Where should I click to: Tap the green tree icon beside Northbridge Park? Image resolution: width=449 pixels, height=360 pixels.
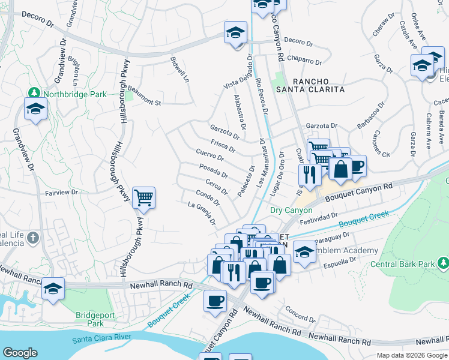(34, 94)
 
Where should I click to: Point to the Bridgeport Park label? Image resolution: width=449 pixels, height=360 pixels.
(94, 319)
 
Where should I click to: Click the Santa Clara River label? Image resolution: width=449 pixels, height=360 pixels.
(101, 339)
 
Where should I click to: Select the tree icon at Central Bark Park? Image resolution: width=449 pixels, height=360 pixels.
(443, 263)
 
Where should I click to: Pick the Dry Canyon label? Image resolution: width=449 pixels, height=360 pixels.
(291, 210)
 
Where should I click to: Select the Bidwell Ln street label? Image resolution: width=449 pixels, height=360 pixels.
(179, 71)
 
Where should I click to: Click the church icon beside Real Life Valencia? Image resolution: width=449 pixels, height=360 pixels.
(33, 238)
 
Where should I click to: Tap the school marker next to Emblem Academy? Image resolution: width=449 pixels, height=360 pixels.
(305, 251)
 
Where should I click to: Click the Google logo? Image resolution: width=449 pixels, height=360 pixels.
(20, 353)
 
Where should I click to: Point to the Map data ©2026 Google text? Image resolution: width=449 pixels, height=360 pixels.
(412, 355)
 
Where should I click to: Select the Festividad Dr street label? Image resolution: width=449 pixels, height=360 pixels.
(319, 217)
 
